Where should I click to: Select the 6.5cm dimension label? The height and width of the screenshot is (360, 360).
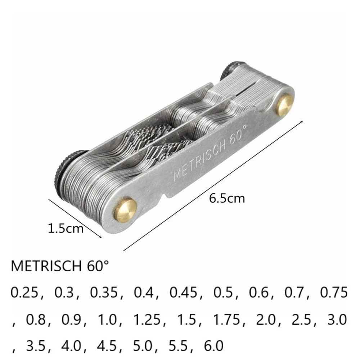pyautogui.click(x=227, y=198)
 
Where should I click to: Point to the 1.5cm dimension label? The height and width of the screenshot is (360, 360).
pyautogui.click(x=66, y=228)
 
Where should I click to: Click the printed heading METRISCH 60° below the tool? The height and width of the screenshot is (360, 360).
pyautogui.click(x=60, y=267)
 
